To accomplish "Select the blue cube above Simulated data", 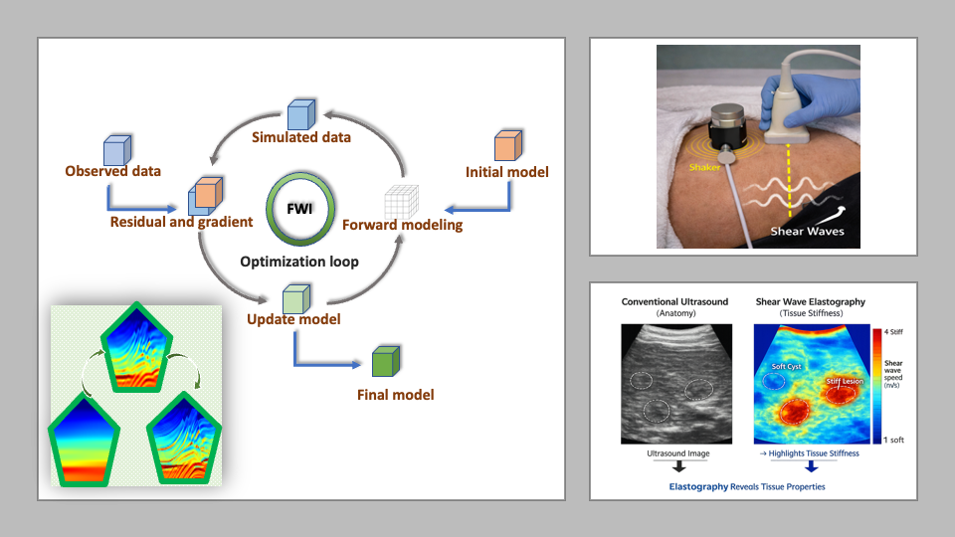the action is (301, 114).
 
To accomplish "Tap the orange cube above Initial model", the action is (508, 145).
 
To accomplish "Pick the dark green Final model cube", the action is (386, 361).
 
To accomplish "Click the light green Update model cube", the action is (296, 299).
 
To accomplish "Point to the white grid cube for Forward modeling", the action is (401, 202).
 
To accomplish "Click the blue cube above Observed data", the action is (117, 150).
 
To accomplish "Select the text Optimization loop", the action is (299, 262).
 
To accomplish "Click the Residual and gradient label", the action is (181, 222).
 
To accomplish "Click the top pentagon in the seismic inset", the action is (136, 348).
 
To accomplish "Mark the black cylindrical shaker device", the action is (728, 125).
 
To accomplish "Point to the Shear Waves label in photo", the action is (807, 232).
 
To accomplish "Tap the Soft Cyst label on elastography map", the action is (786, 367).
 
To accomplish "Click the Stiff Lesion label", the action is (845, 381).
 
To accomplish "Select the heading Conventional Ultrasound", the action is (674, 301).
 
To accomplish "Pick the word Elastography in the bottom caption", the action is (698, 486).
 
